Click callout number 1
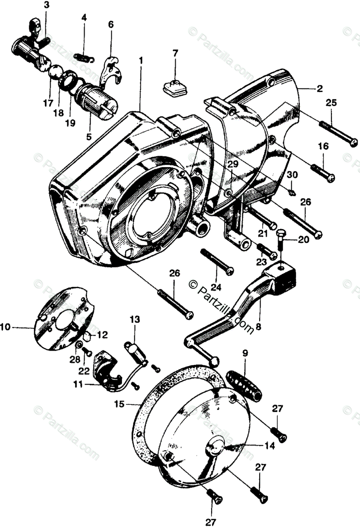click(x=141, y=59)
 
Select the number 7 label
click(x=175, y=53)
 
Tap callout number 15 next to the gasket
click(x=119, y=403)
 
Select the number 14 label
click(x=270, y=446)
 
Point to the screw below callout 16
click(x=325, y=172)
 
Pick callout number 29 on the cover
click(x=232, y=164)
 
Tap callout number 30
click(x=293, y=175)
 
